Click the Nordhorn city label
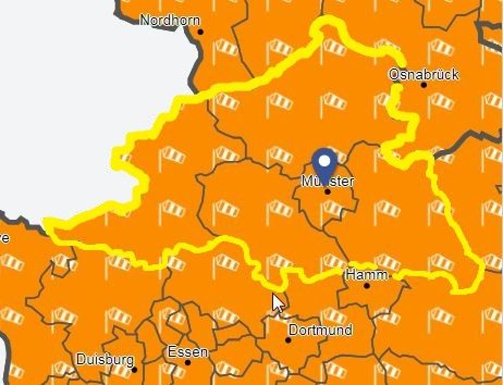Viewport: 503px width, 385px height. [x=170, y=20]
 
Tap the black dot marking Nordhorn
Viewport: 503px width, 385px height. [x=200, y=32]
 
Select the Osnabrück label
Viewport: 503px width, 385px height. [x=423, y=74]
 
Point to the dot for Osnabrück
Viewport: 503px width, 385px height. [x=424, y=85]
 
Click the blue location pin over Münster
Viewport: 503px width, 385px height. [x=325, y=165]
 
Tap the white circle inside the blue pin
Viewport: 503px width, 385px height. [x=325, y=161]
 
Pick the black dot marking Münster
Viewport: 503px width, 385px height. [x=328, y=192]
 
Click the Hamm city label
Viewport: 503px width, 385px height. [x=366, y=274]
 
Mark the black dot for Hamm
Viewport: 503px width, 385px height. [x=367, y=285]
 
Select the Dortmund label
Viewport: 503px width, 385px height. [x=320, y=330]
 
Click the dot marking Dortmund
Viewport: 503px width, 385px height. [x=288, y=340]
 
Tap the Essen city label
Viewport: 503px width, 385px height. [x=188, y=352]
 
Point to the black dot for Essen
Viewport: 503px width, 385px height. [x=188, y=363]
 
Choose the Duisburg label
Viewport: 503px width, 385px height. [x=105, y=359]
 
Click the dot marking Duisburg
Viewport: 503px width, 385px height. [x=135, y=369]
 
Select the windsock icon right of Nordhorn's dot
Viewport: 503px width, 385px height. [x=226, y=47]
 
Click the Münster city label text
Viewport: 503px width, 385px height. [x=328, y=181]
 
